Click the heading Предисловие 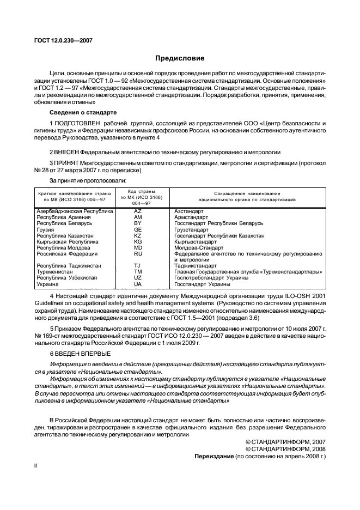[180, 58]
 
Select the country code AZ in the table [138, 211]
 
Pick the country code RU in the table [138, 253]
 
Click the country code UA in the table [138, 284]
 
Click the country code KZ [138, 235]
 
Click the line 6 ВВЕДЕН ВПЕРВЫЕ [80, 354]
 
